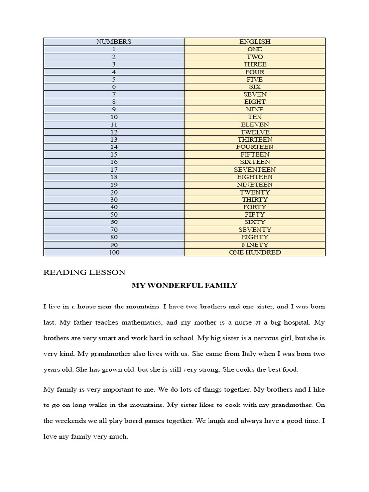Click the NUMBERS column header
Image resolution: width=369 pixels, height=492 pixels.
pyautogui.click(x=113, y=42)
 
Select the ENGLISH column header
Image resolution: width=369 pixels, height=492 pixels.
pyautogui.click(x=255, y=42)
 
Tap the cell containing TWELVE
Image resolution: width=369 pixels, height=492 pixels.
pyautogui.click(x=255, y=132)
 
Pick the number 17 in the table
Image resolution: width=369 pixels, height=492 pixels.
pyautogui.click(x=113, y=170)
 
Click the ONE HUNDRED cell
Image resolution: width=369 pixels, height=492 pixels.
pyautogui.click(x=255, y=252)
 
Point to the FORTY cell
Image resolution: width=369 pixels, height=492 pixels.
pyautogui.click(x=255, y=207)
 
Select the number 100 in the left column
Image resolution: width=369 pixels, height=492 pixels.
pyautogui.click(x=113, y=252)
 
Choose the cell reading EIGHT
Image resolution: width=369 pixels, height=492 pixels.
pyautogui.click(x=255, y=102)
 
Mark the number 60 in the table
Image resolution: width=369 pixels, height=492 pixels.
pyautogui.click(x=113, y=222)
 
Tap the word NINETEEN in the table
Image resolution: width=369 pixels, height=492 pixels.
pyautogui.click(x=255, y=184)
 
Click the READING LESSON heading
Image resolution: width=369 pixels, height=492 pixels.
pyautogui.click(x=85, y=272)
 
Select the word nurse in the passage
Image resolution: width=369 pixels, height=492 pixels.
pyautogui.click(x=243, y=322)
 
